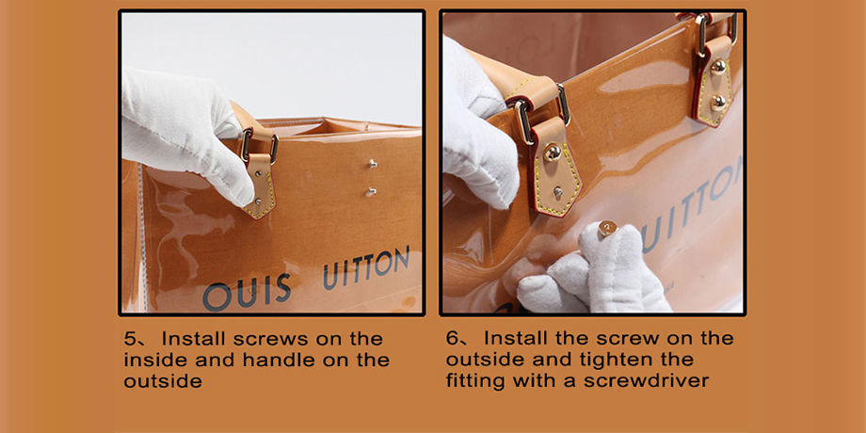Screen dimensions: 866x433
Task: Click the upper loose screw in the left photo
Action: point(373,164)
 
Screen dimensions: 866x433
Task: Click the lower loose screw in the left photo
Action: point(371,192)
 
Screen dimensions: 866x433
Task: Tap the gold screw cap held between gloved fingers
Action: point(607,228)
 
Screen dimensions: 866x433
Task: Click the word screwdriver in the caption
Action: point(647,380)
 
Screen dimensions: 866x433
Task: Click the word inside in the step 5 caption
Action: point(155,360)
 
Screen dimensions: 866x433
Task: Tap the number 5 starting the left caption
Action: point(129,339)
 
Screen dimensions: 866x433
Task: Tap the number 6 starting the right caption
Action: point(452,338)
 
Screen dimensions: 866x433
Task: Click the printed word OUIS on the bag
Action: point(247,293)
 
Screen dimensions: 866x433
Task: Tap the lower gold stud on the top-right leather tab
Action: point(718,102)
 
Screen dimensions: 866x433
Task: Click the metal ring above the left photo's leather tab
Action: point(259,145)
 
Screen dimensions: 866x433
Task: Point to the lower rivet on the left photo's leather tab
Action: point(259,201)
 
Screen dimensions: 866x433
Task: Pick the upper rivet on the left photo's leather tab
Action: point(257,173)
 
